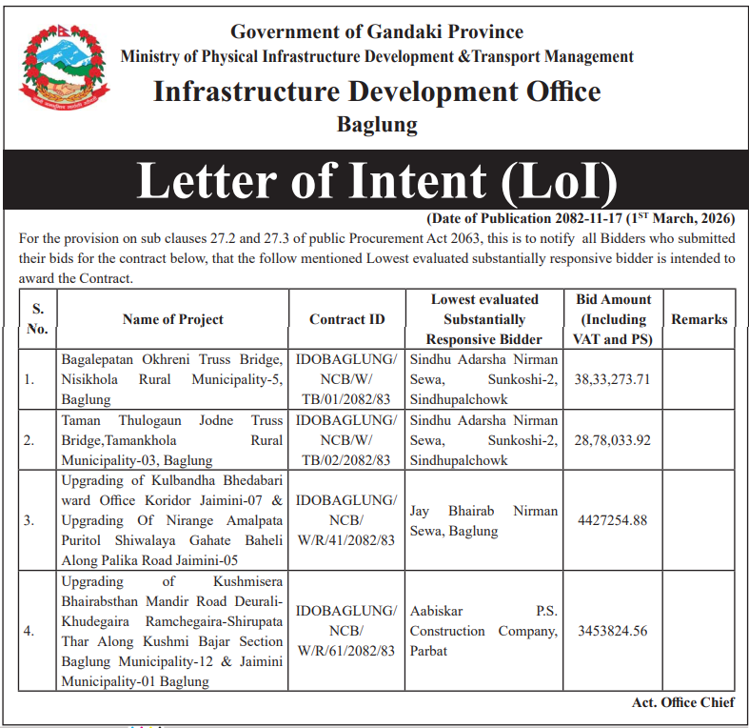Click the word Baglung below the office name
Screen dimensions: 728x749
(x=377, y=124)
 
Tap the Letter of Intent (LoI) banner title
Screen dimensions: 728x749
(x=377, y=181)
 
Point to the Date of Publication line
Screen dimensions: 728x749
(x=580, y=218)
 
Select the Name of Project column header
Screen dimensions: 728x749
(x=173, y=319)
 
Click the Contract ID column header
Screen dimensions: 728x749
(x=347, y=319)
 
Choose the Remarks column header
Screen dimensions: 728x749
(x=699, y=319)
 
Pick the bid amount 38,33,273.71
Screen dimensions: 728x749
(x=612, y=379)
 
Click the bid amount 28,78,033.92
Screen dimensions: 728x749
(x=612, y=440)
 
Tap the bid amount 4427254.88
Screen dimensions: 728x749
(x=612, y=520)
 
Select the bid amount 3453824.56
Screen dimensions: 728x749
(x=612, y=631)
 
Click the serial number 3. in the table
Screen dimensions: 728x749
(x=30, y=520)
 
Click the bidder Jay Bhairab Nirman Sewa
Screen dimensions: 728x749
(x=483, y=520)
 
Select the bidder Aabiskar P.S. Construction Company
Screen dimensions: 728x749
(x=483, y=631)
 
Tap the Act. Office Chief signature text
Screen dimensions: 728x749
(x=682, y=702)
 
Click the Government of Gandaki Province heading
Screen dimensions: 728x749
(x=377, y=32)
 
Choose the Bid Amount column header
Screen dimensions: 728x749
(x=612, y=319)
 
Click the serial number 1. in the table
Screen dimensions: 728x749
(x=30, y=379)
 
